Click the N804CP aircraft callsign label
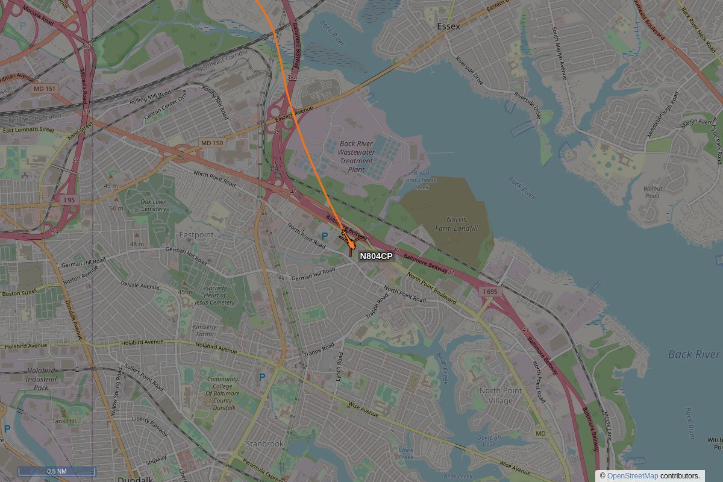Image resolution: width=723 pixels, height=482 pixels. tap(376, 256)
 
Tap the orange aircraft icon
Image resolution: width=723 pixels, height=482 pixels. tap(350, 243)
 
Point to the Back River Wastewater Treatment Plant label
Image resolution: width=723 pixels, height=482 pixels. tap(356, 157)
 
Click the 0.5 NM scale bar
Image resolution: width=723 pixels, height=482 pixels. tap(57, 471)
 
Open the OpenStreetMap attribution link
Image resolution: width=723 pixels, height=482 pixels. tap(632, 476)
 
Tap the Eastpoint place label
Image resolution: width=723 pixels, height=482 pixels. tap(196, 234)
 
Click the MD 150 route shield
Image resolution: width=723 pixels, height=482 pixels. tap(211, 143)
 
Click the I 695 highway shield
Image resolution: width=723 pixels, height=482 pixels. tap(490, 292)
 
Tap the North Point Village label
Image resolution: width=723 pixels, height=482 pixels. tap(501, 395)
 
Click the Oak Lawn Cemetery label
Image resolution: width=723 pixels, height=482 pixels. tap(154, 205)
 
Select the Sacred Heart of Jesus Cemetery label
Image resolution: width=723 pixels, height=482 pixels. tap(214, 295)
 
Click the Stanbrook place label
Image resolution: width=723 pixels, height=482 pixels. tap(264, 443)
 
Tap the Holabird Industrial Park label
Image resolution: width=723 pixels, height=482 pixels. tap(41, 379)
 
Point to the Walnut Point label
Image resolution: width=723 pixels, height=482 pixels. tap(652, 192)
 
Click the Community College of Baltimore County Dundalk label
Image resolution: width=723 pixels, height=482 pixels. tap(223, 393)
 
